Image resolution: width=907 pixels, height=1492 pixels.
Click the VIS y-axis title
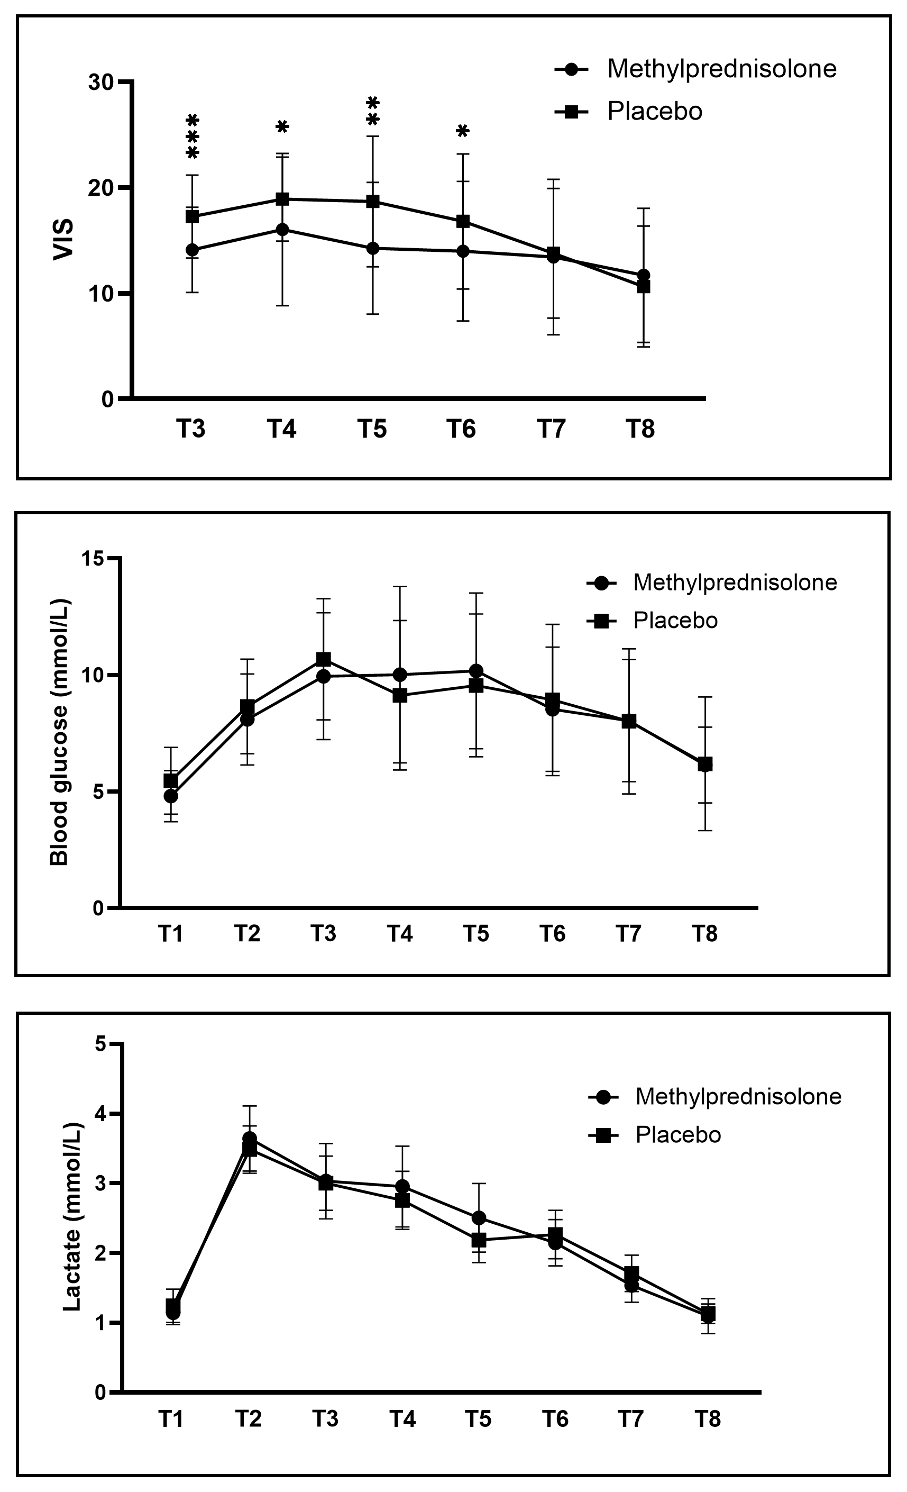click(63, 240)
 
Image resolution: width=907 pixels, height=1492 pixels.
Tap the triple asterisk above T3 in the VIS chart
click(193, 137)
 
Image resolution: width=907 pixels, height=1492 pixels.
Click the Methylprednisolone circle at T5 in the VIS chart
click(372, 248)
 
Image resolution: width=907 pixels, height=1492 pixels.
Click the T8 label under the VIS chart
click(640, 429)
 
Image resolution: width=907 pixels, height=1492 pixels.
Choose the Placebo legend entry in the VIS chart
click(654, 112)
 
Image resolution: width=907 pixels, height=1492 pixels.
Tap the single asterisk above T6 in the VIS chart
click(463, 131)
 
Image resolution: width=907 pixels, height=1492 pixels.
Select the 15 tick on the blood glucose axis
click(95, 558)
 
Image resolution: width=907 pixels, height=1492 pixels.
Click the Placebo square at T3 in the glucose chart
click(324, 659)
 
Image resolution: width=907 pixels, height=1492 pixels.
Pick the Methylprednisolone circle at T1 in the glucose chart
click(171, 796)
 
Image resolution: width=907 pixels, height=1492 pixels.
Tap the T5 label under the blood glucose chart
click(477, 934)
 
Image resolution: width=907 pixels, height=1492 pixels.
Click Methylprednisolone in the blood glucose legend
click(735, 583)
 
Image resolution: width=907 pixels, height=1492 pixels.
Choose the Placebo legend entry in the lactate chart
click(677, 1135)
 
